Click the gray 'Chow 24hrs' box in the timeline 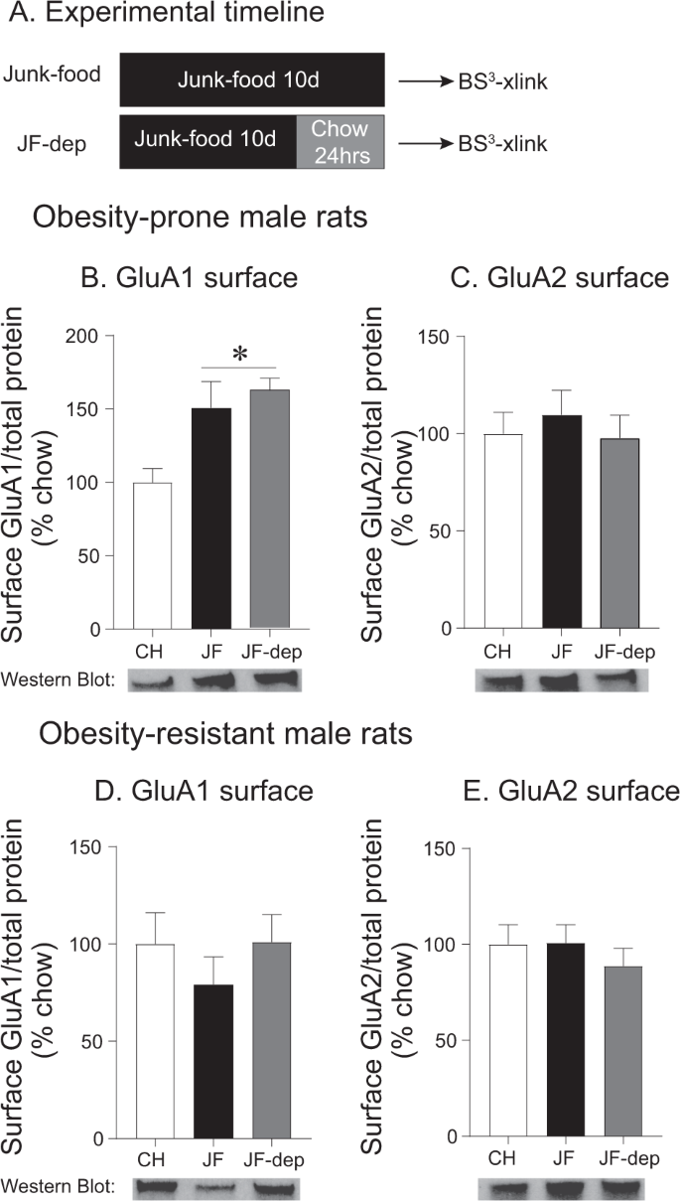[340, 141]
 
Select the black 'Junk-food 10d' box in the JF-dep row [207, 141]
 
